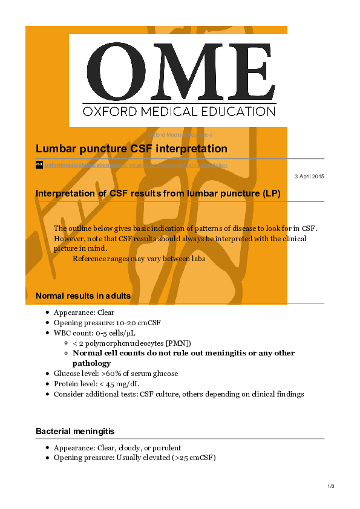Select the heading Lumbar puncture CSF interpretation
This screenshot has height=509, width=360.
click(x=131, y=149)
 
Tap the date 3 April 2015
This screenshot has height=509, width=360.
click(x=309, y=176)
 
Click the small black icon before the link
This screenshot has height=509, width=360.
click(x=39, y=164)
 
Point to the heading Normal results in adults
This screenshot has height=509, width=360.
click(x=83, y=296)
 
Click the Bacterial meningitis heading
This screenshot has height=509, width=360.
click(x=75, y=432)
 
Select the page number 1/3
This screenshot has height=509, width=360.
click(x=330, y=487)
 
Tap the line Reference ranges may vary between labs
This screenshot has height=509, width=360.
click(x=139, y=259)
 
